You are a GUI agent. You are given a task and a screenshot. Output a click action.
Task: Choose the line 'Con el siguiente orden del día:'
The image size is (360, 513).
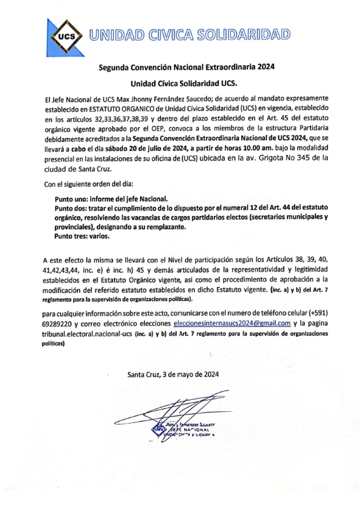tap(90, 184)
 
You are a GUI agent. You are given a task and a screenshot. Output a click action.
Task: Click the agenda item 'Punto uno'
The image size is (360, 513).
tap(72, 199)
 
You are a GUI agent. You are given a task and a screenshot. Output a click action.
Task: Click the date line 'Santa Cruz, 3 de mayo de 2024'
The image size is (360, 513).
tap(173, 374)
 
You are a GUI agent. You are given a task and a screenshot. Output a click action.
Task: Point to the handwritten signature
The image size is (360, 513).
tap(185, 406)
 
